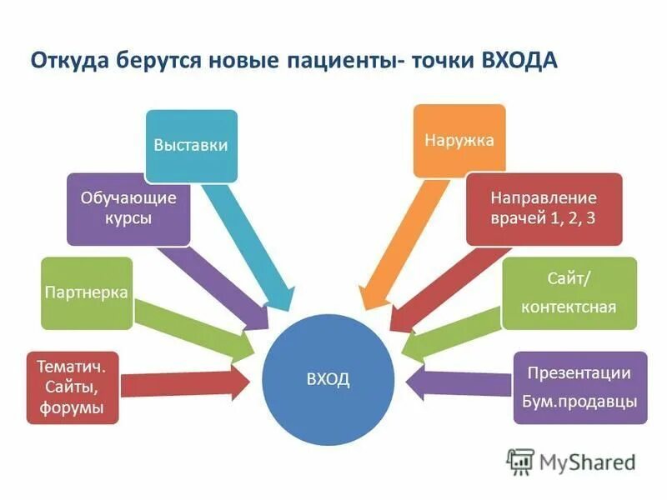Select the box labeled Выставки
click(x=191, y=145)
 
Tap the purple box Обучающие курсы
click(x=128, y=208)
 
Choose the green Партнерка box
click(x=87, y=292)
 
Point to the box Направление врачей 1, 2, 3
click(x=544, y=208)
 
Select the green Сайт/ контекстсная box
click(x=569, y=292)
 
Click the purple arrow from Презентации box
click(x=459, y=383)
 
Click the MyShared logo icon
click(x=520, y=461)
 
